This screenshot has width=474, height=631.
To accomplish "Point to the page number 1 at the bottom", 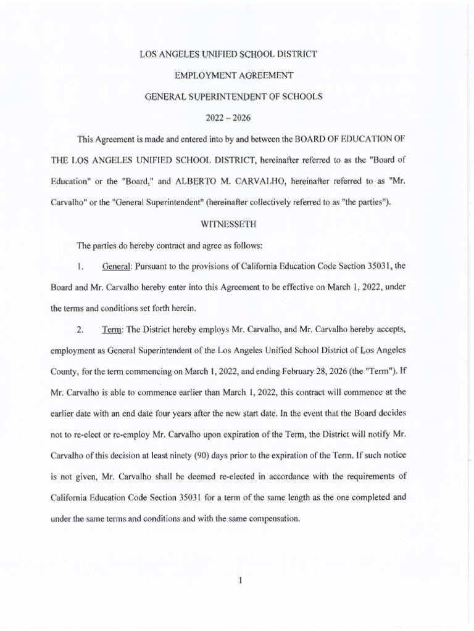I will click(x=229, y=577).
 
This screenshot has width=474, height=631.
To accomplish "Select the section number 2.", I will click(x=80, y=330).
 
